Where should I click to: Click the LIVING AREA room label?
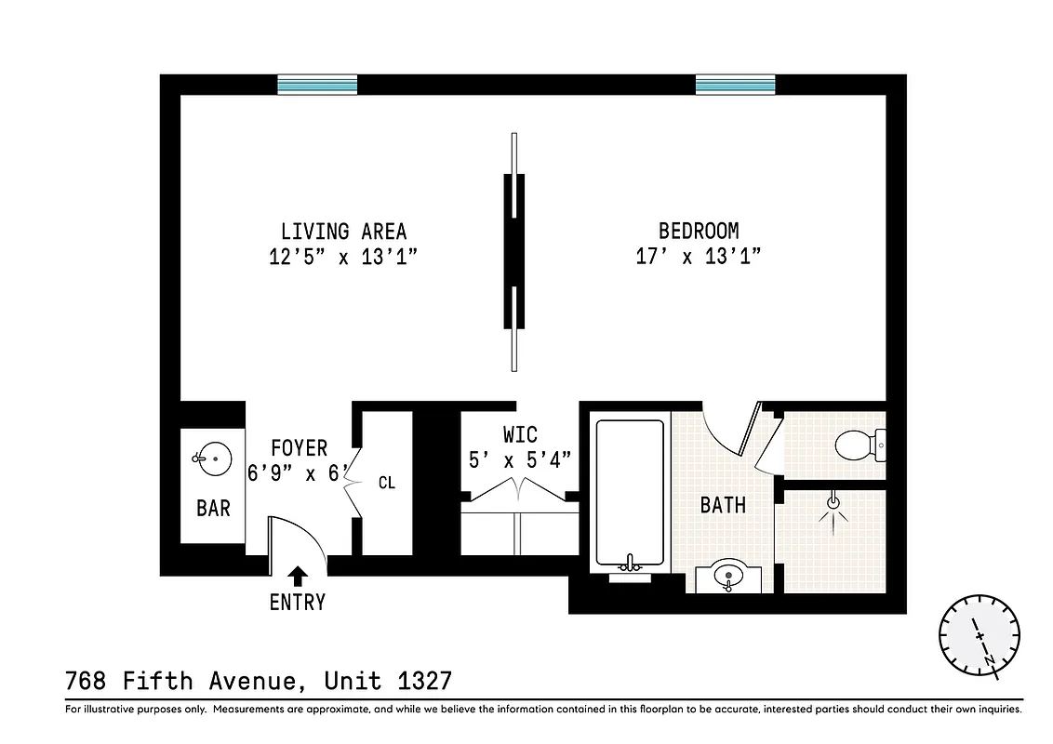tap(343, 232)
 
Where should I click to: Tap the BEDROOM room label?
tap(698, 232)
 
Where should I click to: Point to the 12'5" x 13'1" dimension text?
tap(343, 258)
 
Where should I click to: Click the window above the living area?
tap(317, 86)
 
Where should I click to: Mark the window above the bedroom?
tap(735, 86)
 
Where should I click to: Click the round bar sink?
tap(213, 458)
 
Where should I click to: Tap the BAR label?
tap(213, 509)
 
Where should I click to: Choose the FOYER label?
tap(299, 448)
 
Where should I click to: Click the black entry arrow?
tap(298, 576)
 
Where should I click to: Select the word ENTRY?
tap(298, 603)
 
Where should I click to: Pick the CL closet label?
tap(387, 484)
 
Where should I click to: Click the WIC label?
tap(519, 435)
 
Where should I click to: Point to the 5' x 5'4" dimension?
tap(519, 459)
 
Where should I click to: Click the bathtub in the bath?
tap(630, 493)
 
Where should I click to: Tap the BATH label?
tap(723, 505)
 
